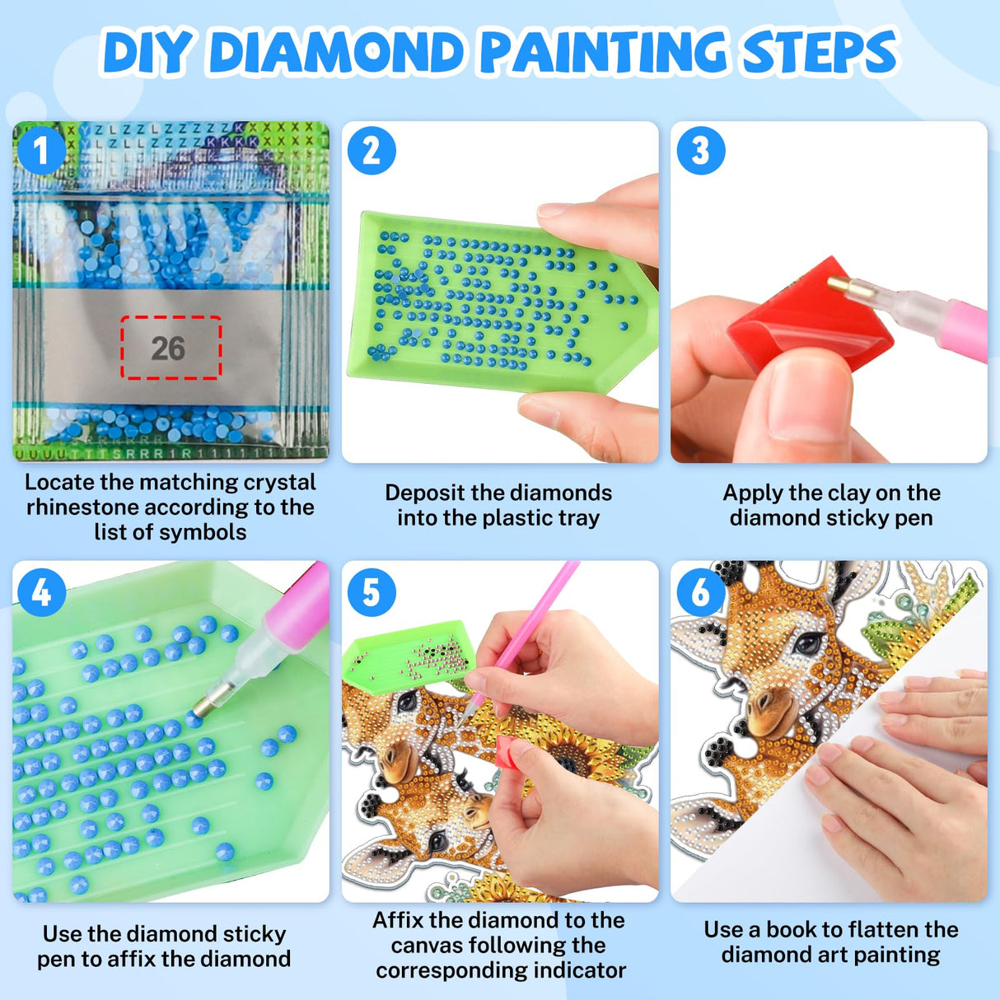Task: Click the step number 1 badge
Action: (x=40, y=150)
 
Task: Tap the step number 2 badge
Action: (x=371, y=151)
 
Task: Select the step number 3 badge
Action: (x=700, y=151)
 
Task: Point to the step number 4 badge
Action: (x=40, y=591)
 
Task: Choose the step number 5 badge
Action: (x=371, y=591)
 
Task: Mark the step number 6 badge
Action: (x=700, y=591)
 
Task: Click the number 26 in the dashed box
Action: (x=168, y=348)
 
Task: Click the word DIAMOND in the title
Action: (x=339, y=53)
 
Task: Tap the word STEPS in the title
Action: (x=820, y=53)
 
